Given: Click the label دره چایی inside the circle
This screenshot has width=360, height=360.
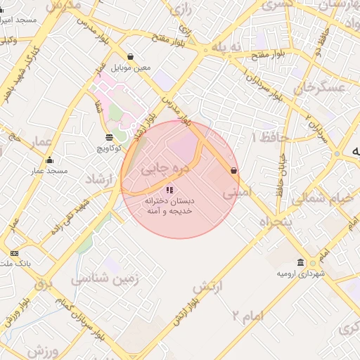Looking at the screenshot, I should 161,169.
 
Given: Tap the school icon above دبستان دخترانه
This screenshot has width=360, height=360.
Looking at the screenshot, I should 169,190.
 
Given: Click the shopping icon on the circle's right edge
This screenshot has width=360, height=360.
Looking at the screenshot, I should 233,170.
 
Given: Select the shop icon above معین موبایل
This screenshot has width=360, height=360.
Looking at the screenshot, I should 131,57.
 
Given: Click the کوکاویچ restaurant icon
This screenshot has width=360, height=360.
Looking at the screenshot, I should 109,138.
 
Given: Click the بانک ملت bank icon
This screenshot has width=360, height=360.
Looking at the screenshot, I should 15,253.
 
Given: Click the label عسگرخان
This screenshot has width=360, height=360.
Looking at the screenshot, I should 321,87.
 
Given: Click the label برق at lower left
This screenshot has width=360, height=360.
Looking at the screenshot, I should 44,284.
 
